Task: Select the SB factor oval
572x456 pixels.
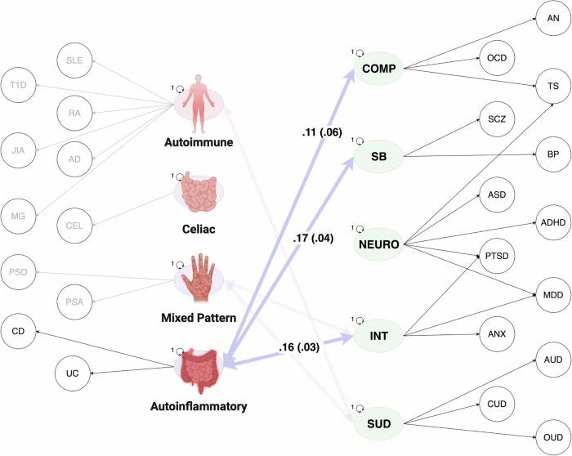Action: (381, 154)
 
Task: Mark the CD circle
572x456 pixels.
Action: (18, 331)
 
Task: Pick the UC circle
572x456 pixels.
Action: (73, 373)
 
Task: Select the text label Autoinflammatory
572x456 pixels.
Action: (199, 405)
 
